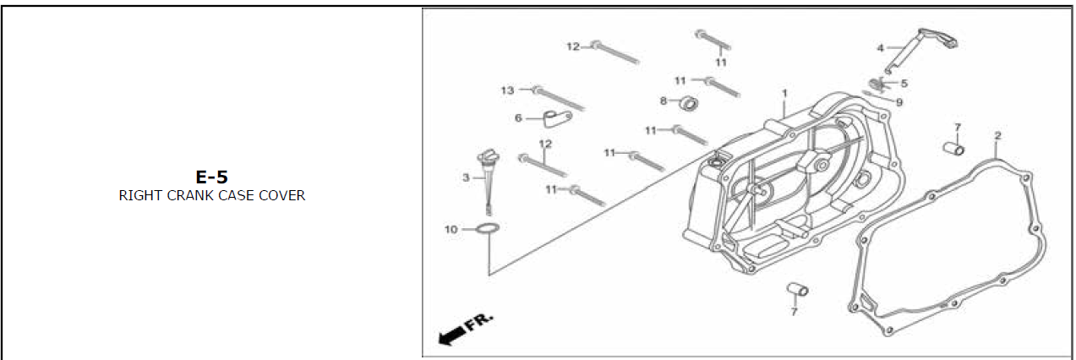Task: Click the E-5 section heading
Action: click(x=211, y=177)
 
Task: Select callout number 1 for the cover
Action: click(x=784, y=92)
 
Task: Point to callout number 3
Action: click(x=466, y=177)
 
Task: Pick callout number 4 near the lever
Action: click(x=880, y=47)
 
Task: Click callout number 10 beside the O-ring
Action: click(x=451, y=229)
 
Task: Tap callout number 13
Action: click(x=507, y=90)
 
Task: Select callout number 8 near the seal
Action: click(x=664, y=101)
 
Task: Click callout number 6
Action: click(x=518, y=118)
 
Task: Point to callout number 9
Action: click(x=899, y=102)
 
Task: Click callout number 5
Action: click(x=904, y=84)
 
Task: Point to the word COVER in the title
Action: click(x=283, y=196)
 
